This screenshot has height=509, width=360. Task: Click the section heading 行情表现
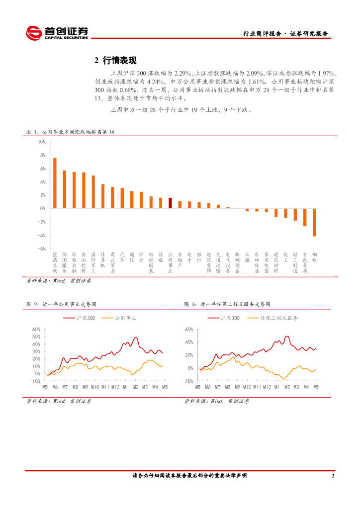click(x=115, y=61)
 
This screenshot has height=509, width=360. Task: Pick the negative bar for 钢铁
click(x=314, y=222)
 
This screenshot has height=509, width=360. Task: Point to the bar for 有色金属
click(x=305, y=217)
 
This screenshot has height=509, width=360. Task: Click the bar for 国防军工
click(x=93, y=192)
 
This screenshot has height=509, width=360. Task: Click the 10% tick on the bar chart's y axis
click(x=42, y=142)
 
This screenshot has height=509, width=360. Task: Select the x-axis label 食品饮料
click(x=84, y=262)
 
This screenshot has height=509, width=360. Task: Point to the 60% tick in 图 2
click(x=36, y=329)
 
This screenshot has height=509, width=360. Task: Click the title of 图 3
click(x=223, y=304)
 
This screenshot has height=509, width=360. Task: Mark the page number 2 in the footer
click(x=333, y=476)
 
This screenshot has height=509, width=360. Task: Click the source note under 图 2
click(x=59, y=400)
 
